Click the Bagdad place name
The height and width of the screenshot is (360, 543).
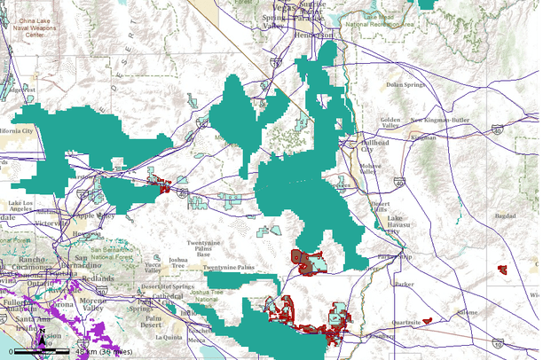505,215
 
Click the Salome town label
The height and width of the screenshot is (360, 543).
466,312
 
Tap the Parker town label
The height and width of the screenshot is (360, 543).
405,285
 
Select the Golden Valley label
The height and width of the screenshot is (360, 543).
390,122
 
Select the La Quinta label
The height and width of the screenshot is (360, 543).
168,337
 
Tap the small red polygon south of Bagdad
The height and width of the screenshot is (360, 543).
502,269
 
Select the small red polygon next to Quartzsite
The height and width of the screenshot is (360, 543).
428,320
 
